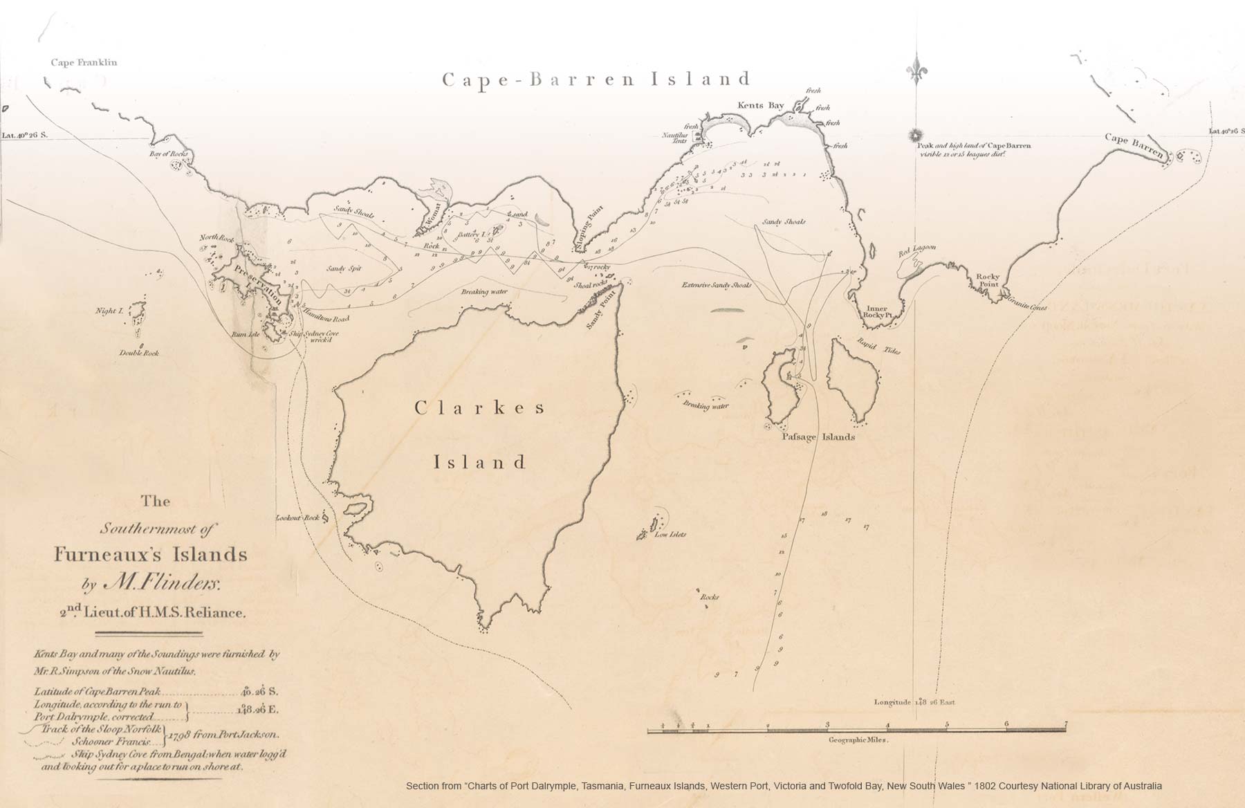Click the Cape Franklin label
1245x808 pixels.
point(84,62)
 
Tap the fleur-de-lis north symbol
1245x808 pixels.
point(918,70)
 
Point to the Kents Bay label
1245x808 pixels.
point(760,105)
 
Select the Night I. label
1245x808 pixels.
point(109,311)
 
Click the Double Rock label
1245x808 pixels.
point(139,353)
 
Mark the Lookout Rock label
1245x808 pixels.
point(297,517)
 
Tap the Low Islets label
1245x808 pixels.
point(670,535)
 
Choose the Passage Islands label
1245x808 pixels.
point(818,437)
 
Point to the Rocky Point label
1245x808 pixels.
point(988,280)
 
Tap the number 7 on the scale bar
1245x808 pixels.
point(1066,724)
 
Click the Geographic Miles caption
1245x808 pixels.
point(858,740)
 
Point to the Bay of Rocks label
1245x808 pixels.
point(169,154)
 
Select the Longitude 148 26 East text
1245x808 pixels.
point(914,701)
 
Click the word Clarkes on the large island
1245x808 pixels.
point(480,408)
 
